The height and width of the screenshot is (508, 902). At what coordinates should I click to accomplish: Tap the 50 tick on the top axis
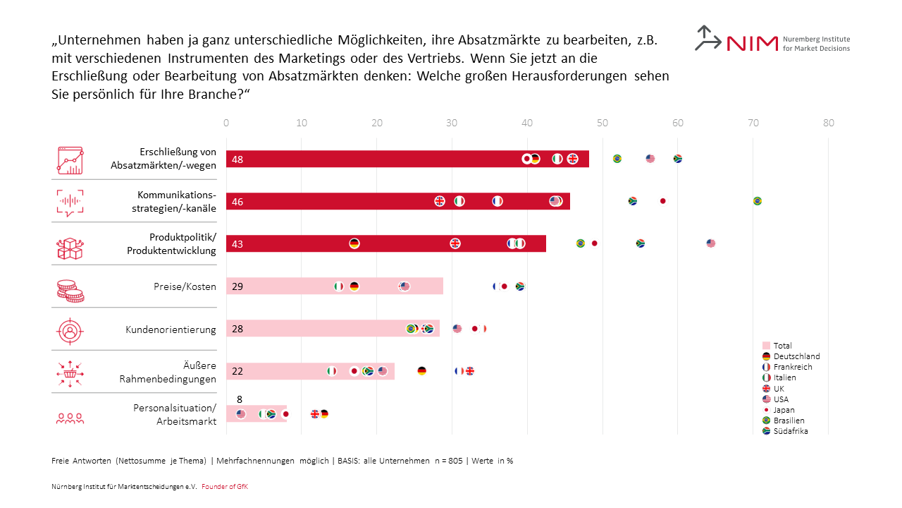click(603, 123)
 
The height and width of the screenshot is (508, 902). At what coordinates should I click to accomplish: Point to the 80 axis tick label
click(829, 123)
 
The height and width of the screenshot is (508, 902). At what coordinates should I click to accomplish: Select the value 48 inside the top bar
click(237, 159)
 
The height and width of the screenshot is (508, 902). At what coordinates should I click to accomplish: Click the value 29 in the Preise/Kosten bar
click(237, 286)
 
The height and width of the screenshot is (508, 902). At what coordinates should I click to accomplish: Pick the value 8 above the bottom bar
click(240, 399)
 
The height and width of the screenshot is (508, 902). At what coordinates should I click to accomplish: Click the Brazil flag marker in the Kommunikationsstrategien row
click(758, 201)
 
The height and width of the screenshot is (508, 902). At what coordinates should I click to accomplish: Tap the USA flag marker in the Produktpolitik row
click(710, 243)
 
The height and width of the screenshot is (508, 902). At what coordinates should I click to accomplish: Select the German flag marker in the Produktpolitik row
click(354, 243)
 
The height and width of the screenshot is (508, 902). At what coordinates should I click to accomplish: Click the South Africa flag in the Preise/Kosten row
click(520, 286)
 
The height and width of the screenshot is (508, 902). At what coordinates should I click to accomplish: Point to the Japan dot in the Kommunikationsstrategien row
click(662, 201)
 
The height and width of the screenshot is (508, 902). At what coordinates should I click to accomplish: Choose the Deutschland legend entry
click(791, 356)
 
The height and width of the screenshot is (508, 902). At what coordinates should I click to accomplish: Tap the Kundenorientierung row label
click(171, 329)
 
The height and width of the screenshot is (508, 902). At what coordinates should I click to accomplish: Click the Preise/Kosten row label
click(185, 286)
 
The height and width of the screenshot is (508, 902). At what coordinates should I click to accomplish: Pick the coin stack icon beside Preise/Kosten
click(70, 290)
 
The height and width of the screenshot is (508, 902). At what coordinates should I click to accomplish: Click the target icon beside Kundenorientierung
click(70, 329)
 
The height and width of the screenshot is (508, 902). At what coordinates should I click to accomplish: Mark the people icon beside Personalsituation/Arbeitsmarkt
click(70, 418)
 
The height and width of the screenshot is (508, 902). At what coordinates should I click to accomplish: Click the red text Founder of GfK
click(225, 487)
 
